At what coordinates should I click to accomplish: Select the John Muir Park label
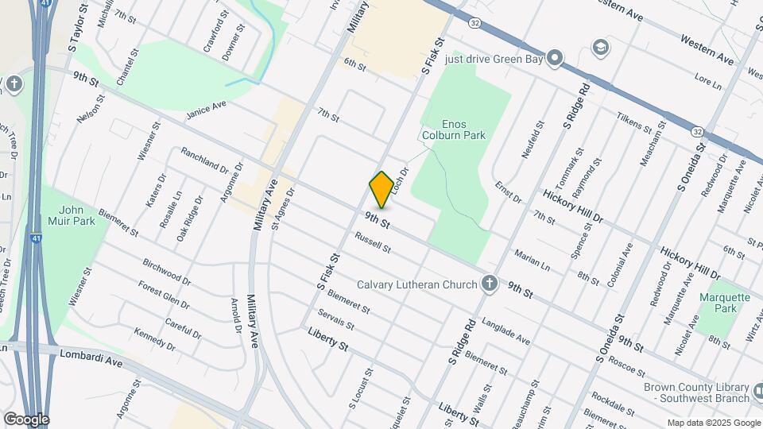(x=77, y=215)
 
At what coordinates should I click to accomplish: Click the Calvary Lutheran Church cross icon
(x=490, y=284)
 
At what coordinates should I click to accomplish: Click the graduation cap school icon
(x=600, y=47)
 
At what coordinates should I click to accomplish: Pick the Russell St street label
(x=373, y=242)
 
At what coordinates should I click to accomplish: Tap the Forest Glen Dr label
(x=165, y=294)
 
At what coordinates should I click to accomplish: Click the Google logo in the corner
(x=26, y=419)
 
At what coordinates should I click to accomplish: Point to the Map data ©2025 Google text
(x=714, y=423)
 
